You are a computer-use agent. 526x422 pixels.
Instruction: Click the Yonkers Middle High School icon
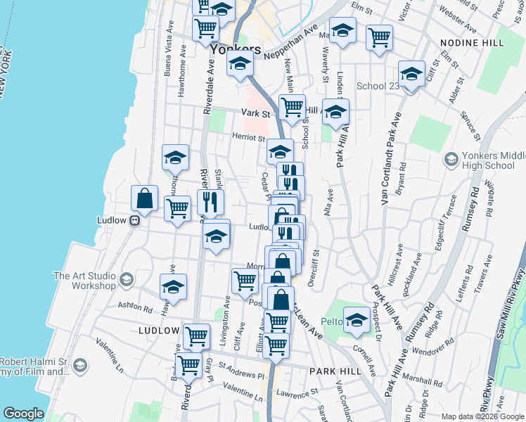451,160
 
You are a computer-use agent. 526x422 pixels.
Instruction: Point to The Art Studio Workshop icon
127,280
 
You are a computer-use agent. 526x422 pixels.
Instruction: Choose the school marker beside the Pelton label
357,320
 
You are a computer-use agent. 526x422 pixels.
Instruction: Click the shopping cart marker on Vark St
292,108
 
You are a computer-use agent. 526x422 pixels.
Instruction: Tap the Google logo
24,414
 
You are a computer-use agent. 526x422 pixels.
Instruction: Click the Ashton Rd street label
135,308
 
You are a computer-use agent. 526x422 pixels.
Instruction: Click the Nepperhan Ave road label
288,44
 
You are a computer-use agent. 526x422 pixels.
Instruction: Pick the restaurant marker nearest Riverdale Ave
210,203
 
